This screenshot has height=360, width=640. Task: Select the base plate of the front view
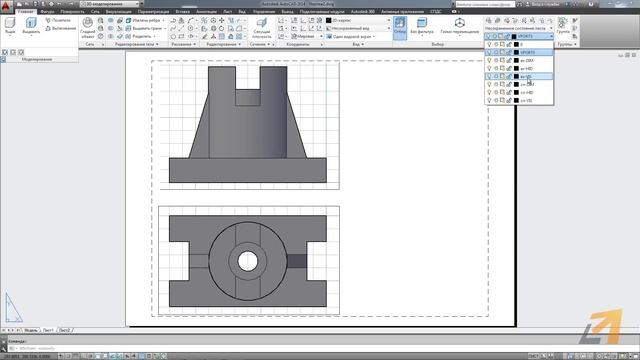pyautogui.click(x=248, y=170)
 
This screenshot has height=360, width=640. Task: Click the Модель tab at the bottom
pyautogui.click(x=31, y=329)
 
